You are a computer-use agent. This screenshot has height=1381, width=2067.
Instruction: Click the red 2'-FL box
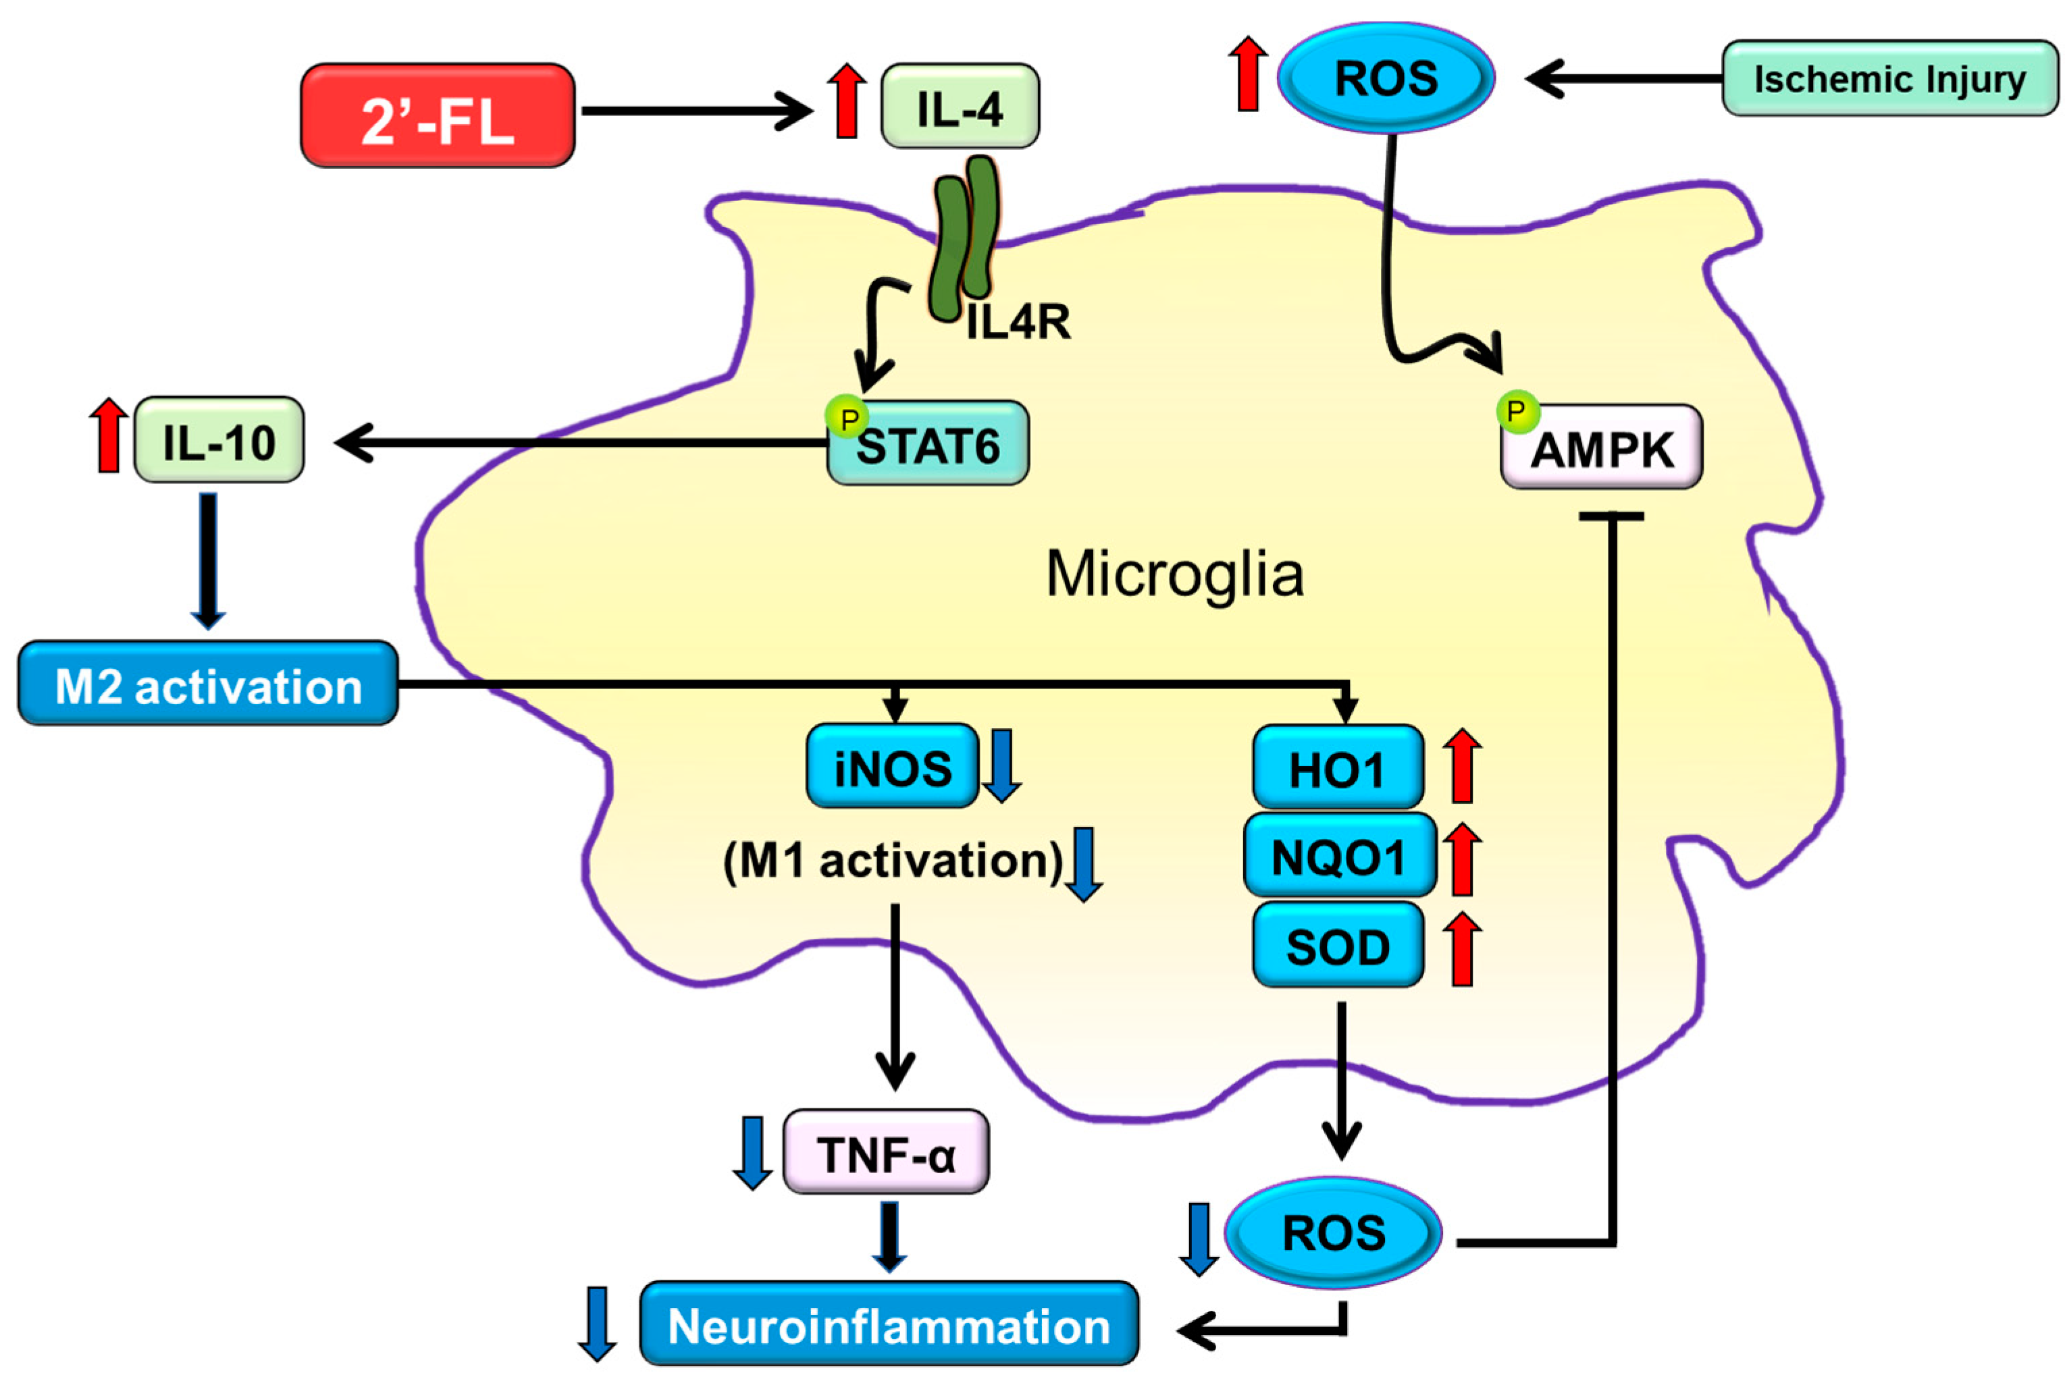pos(438,115)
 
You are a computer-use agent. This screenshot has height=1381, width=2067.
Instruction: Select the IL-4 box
pos(960,107)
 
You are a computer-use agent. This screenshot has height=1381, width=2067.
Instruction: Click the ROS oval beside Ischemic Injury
pos(1386,78)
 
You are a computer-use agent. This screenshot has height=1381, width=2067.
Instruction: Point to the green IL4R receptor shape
pos(965,238)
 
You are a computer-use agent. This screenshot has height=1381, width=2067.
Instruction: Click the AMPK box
pos(1602,448)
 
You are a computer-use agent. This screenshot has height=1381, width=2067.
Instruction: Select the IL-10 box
pos(219,440)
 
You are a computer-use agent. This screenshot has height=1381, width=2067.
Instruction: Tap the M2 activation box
pos(208,684)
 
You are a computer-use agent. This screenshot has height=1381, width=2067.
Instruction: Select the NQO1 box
pos(1339,856)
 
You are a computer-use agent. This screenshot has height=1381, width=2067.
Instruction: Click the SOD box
pos(1338,945)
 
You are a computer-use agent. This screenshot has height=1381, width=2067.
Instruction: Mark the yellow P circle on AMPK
pos(1517,411)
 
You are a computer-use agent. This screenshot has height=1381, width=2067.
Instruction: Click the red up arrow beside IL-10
pos(109,435)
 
